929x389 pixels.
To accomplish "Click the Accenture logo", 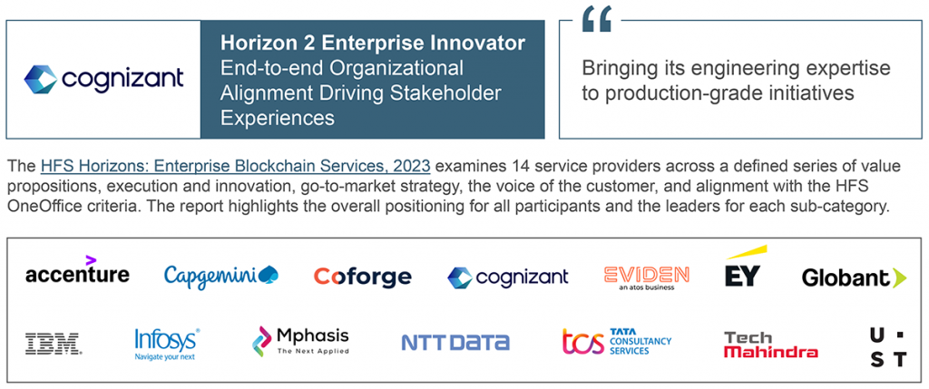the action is point(77,270).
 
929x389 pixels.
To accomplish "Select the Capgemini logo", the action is point(221,276).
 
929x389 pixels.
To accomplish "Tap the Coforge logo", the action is point(363,277).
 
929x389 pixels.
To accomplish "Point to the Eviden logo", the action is point(646,277).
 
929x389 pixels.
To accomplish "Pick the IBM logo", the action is point(54,344).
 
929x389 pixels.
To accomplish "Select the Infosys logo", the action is point(167,344).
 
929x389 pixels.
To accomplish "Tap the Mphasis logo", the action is point(300,341).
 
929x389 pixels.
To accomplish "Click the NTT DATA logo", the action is point(455,342).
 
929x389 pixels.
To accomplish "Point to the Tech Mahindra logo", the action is point(771,345).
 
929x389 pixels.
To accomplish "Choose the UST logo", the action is point(887,347).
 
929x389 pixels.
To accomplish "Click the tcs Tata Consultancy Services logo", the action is point(617,342).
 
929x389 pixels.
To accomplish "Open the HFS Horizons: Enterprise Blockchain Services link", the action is point(235,165).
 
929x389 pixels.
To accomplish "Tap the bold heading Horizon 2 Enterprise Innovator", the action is point(373,43).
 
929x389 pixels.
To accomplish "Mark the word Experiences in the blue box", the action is point(278,118).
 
